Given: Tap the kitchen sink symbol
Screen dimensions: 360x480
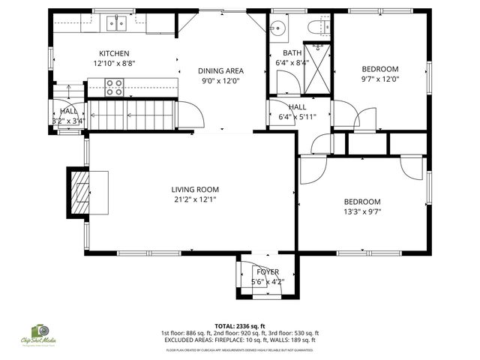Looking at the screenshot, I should point(116,23).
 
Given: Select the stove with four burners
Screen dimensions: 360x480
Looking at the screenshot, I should point(115,88).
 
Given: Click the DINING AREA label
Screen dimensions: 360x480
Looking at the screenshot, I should point(220,70).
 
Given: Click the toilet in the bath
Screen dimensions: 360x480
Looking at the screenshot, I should point(316,28).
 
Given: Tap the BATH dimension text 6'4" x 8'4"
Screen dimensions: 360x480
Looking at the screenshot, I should point(292,63).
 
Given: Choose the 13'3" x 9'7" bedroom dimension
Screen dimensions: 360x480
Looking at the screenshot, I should point(362,212).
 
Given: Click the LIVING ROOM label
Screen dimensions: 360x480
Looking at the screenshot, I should point(195,190).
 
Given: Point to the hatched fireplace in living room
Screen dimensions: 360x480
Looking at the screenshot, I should point(79,192).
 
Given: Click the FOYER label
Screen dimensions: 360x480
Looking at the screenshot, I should point(268,271).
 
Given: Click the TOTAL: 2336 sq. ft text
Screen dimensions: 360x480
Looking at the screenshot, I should point(239,326).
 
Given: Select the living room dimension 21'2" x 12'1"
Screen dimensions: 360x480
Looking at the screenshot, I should point(195,200).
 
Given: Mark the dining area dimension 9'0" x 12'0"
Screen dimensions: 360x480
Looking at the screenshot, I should point(223,81).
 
